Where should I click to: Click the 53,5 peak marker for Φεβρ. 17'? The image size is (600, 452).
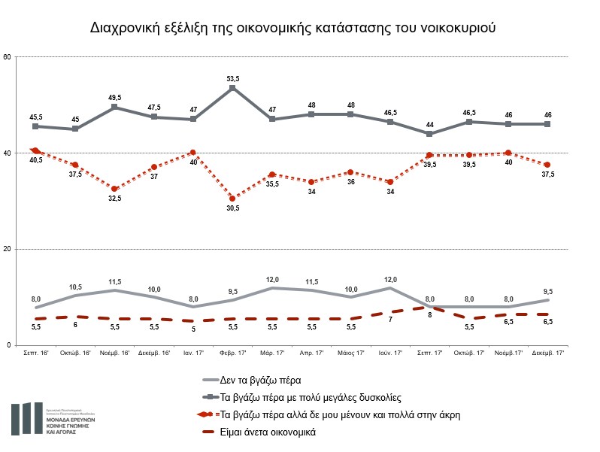tap(232, 88)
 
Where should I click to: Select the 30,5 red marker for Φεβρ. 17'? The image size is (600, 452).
tap(232, 199)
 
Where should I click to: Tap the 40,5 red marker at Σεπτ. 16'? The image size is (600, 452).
tap(36, 150)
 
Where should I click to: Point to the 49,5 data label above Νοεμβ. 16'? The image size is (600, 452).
tap(114, 97)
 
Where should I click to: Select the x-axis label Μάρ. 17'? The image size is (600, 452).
tap(271, 353)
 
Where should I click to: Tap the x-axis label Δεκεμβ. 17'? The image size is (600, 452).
tap(547, 353)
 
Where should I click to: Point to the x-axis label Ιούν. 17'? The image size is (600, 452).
tap(389, 353)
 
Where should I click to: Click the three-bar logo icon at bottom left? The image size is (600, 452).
tap(27, 418)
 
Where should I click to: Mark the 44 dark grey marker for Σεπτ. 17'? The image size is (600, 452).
tap(429, 134)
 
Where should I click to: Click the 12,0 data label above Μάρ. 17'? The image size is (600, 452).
tap(271, 278)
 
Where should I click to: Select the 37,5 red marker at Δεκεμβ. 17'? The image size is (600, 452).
tap(547, 165)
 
